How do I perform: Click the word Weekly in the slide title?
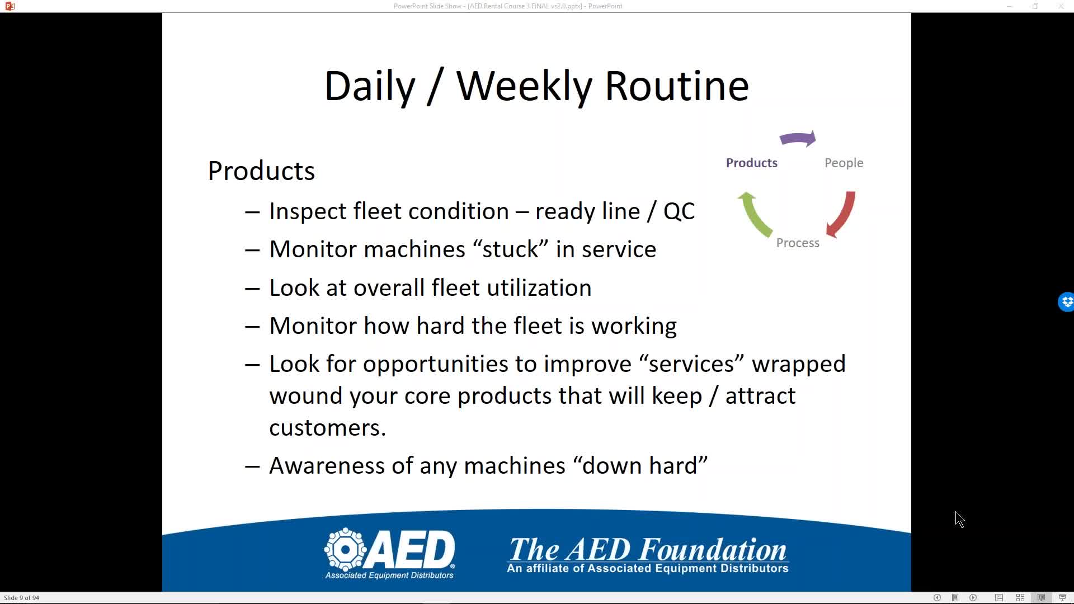coord(524,87)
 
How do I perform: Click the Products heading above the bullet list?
coord(261,171)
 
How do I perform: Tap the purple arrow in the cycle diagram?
coord(798,139)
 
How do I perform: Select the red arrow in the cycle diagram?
coord(842,214)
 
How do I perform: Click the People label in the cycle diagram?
coord(844,163)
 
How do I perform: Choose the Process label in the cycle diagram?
coord(798,243)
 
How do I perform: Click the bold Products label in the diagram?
coord(752,163)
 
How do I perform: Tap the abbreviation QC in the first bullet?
coord(679,211)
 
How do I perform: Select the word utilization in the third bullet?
coord(539,288)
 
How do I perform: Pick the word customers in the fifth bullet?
coord(327,428)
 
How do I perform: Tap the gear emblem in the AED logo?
coord(345,549)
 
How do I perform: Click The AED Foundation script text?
coord(648,550)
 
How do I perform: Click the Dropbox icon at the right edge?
coord(1066,302)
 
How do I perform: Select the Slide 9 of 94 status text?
coord(22,598)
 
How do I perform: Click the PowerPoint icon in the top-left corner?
coord(10,6)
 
